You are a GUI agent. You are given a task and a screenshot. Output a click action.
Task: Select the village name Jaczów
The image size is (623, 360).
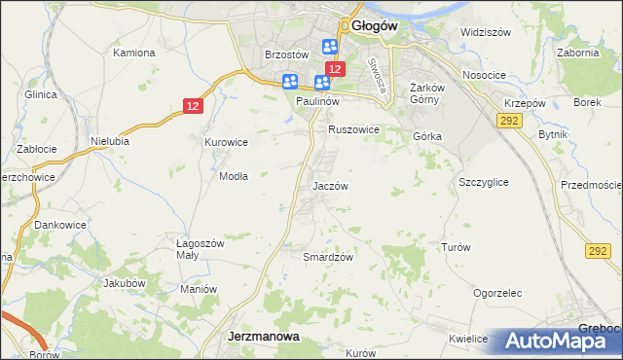point(330,185)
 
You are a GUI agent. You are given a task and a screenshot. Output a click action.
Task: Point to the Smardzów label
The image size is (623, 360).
point(327,257)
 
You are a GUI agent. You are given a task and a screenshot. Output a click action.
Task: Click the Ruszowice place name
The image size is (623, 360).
point(352,128)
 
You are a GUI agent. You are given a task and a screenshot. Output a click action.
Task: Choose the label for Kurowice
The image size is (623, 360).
point(226,142)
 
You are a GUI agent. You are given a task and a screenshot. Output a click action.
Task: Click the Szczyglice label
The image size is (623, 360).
point(483,182)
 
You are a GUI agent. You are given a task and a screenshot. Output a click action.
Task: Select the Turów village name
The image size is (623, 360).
point(456,247)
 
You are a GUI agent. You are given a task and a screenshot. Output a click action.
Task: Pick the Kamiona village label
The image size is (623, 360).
point(135,52)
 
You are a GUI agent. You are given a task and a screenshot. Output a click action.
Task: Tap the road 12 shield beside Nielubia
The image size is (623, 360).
point(195,106)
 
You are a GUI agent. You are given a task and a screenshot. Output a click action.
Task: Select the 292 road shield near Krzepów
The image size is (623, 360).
point(507,120)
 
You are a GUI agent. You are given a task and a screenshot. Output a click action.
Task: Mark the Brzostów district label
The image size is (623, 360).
point(286,54)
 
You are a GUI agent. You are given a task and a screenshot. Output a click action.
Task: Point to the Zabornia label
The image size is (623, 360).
point(577,53)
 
